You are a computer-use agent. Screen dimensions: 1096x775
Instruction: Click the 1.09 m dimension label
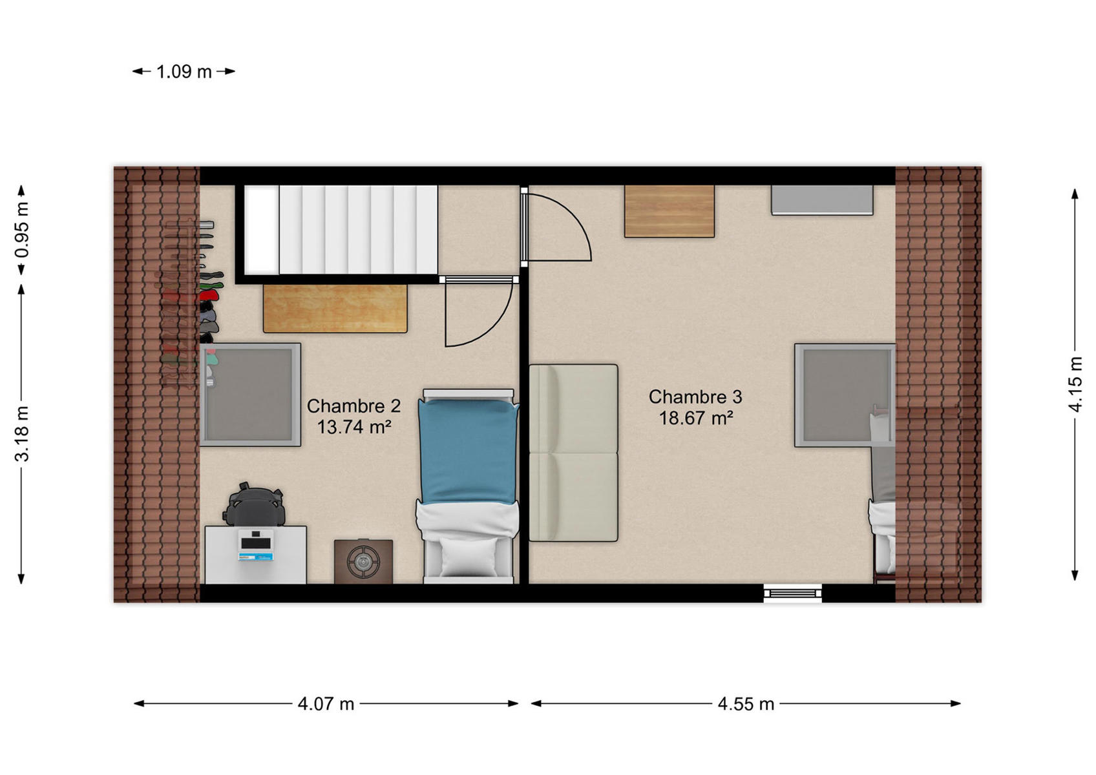pos(184,72)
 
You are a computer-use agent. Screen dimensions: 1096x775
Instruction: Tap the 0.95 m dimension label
pos(23,230)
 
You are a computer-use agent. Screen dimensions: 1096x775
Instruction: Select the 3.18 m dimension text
pos(23,434)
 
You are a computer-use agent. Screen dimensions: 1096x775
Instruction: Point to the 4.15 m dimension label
pos(1075,384)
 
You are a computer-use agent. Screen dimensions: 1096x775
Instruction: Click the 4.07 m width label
pos(326,704)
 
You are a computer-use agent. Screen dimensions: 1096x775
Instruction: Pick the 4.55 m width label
pos(746,704)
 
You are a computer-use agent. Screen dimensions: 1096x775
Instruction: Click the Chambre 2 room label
pos(353,406)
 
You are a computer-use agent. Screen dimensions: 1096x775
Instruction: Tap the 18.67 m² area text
pos(696,418)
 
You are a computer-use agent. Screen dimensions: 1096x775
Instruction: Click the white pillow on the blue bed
pos(469,557)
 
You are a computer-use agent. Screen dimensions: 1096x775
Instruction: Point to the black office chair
pos(255,504)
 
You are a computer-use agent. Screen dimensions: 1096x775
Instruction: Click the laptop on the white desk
pos(256,544)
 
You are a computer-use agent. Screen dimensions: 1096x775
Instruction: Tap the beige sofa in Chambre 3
pos(573,453)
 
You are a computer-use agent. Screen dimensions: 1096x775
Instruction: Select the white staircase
pos(341,230)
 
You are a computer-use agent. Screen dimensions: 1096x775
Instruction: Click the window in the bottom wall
pos(793,593)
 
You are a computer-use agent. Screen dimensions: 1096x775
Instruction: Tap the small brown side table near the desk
pos(364,561)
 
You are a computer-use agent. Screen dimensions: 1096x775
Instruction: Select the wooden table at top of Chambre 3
pos(669,211)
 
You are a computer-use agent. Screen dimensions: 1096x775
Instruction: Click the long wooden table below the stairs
pos(335,309)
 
